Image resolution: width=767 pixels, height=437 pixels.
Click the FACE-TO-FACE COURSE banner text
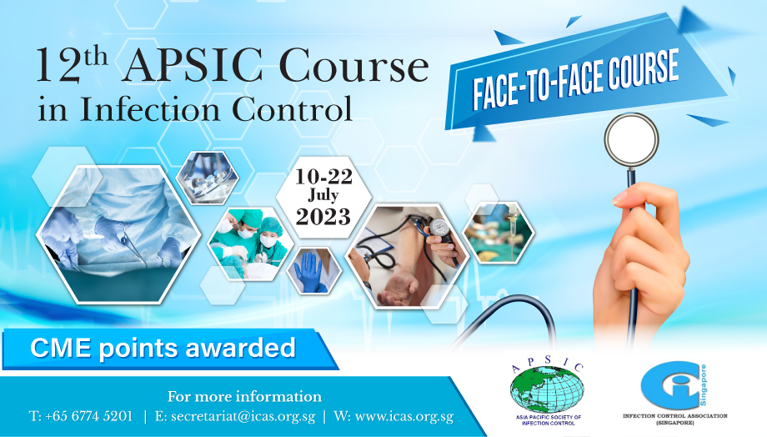click(575, 80)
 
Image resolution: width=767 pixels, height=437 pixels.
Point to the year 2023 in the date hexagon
click(323, 217)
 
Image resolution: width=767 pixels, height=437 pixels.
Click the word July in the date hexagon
click(323, 196)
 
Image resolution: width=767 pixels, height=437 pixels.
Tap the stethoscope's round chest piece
click(631, 140)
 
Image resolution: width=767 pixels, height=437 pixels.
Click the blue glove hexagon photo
click(313, 270)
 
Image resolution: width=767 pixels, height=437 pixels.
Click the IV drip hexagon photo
click(498, 233)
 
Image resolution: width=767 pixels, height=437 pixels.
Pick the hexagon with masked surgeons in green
click(250, 244)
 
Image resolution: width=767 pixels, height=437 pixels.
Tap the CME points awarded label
click(163, 348)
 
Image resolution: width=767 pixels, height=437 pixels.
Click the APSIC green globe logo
click(548, 390)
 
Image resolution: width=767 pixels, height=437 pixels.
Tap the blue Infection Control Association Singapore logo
click(674, 387)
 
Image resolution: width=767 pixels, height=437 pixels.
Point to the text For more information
click(244, 396)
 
